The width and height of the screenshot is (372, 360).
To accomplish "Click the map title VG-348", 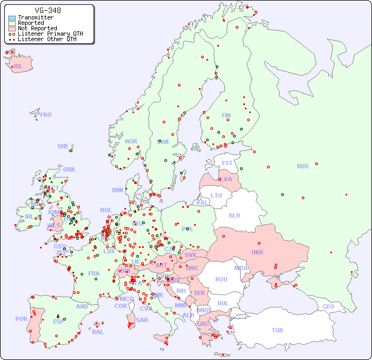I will [48, 10].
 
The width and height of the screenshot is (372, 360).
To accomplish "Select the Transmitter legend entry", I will [35, 18].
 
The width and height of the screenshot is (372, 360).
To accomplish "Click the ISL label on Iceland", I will [18, 67].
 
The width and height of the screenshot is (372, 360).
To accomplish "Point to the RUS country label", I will [302, 166].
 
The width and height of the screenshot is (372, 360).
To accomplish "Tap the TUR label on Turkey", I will [277, 330].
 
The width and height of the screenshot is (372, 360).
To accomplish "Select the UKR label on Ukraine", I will [257, 252].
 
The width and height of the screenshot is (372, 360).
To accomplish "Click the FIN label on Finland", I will [226, 115].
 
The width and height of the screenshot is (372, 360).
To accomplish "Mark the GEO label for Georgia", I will [328, 306].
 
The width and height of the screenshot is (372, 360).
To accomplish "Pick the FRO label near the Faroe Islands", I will [46, 115].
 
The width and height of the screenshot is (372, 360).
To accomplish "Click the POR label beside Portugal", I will [21, 319].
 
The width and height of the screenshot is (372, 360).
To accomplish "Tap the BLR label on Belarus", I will [234, 215].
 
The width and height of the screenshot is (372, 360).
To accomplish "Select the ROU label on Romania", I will [221, 279].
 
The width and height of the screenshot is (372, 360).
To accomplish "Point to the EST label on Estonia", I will [227, 163].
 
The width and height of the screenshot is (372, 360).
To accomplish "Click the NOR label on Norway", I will [131, 141].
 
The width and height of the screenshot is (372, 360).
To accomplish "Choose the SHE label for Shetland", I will [63, 146].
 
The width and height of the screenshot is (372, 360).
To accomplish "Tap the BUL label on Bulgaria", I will [223, 303].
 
